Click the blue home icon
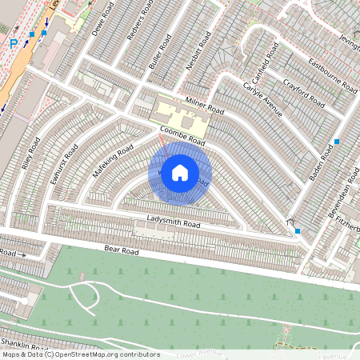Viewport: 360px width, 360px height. click(x=180, y=173)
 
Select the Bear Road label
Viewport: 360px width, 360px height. click(x=122, y=250)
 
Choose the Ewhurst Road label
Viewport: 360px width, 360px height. click(x=64, y=164)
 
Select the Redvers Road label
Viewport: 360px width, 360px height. click(x=135, y=23)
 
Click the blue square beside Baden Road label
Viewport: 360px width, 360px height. click(x=337, y=142)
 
